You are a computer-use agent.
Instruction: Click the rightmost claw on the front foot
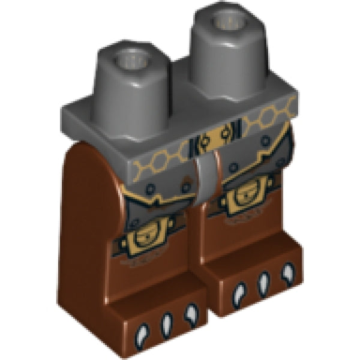(191, 313)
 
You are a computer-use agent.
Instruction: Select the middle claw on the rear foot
(262, 283)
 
